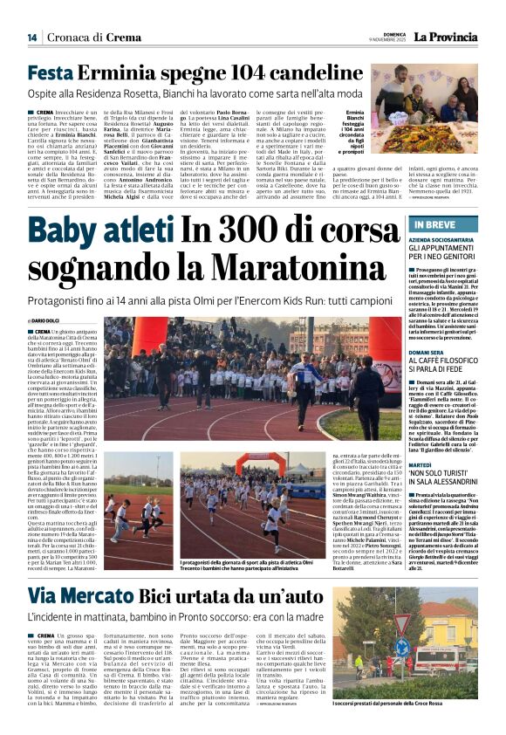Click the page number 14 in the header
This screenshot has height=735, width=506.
tap(32, 38)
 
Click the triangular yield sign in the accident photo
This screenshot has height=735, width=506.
tap(377, 622)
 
